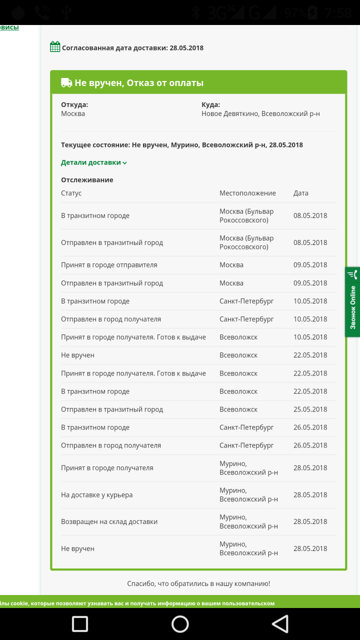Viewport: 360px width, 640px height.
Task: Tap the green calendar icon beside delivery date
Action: point(55,47)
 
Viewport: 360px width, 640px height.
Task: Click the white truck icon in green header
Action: point(66,82)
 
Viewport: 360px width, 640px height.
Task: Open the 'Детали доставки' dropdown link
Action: point(94,162)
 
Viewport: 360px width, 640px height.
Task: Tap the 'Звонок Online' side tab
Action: point(352,302)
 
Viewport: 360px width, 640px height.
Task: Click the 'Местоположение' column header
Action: point(247,193)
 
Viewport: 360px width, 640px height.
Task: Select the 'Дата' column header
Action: point(301,193)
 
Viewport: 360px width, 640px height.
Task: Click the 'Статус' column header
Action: point(71,193)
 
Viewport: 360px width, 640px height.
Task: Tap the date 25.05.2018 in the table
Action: point(310,409)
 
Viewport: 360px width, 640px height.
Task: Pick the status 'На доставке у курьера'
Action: point(97,495)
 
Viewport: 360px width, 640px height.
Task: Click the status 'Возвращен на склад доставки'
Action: point(109,521)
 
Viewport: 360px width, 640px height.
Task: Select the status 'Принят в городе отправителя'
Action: point(109,265)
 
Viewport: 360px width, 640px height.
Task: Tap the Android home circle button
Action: point(180,623)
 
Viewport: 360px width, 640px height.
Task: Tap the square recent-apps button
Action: point(80,623)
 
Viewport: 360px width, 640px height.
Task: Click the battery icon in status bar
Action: point(313,12)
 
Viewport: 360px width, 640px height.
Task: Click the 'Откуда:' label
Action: point(74,104)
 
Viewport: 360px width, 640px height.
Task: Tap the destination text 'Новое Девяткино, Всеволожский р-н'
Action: point(260,113)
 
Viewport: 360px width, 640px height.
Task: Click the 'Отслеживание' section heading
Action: point(87,180)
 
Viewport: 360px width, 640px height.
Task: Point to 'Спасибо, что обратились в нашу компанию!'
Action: point(198,583)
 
